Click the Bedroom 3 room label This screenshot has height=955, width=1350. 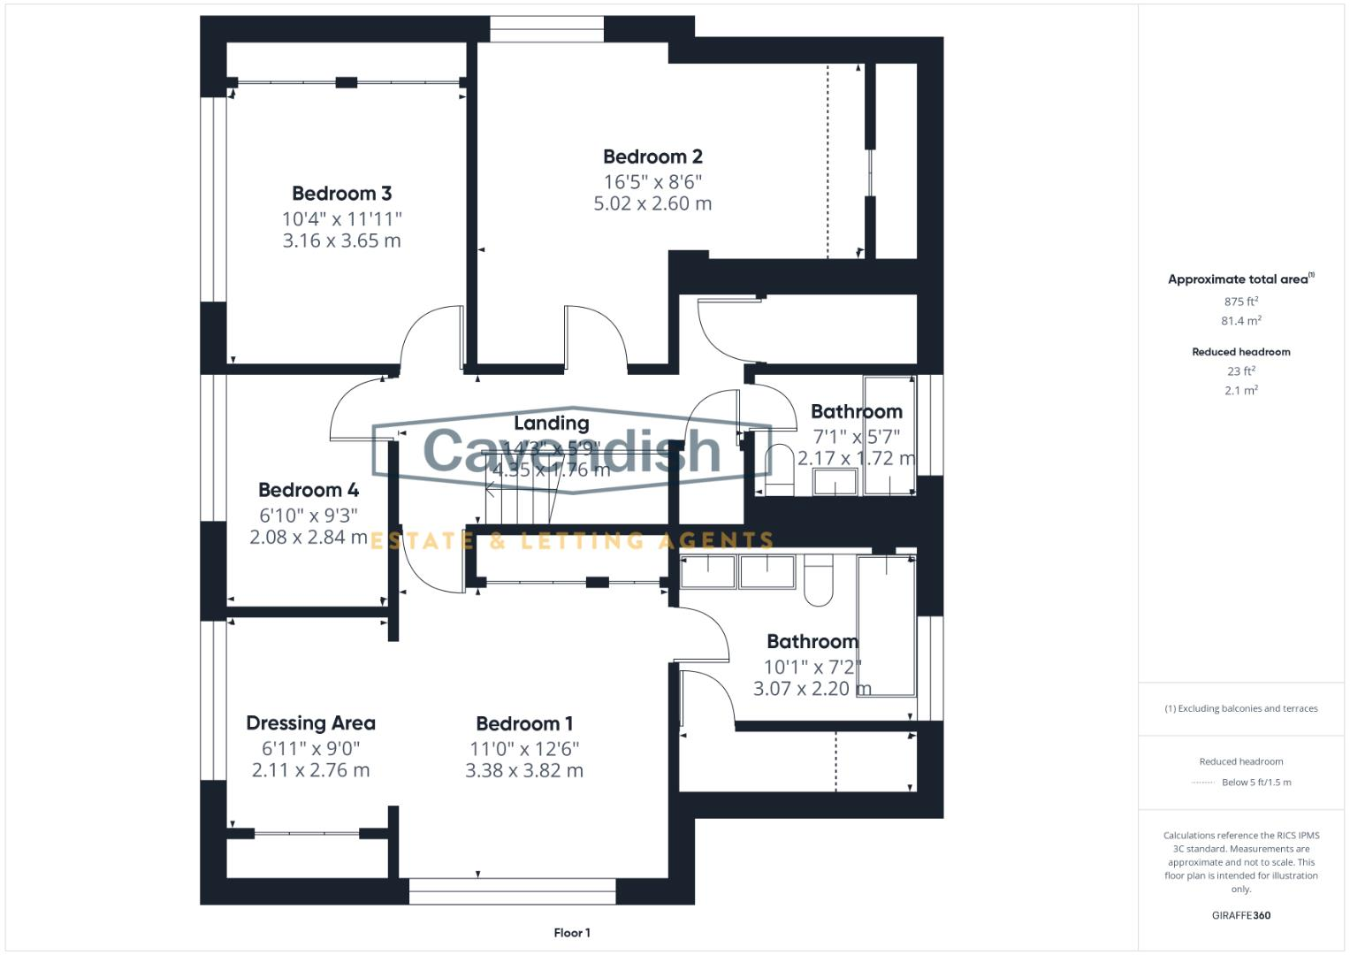[x=341, y=194]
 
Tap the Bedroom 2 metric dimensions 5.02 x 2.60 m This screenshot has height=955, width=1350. [x=652, y=203]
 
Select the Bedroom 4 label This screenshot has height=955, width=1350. [x=308, y=490]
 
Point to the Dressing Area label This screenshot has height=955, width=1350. [x=310, y=723]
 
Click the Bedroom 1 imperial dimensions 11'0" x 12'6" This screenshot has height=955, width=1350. [x=524, y=749]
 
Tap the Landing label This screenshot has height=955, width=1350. [x=551, y=424]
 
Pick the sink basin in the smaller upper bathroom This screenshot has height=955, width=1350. [x=835, y=483]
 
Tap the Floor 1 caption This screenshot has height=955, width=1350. [x=572, y=933]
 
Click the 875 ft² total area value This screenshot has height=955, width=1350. [x=1240, y=302]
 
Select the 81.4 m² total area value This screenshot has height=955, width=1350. [x=1240, y=321]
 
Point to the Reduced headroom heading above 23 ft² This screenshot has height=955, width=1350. [x=1240, y=352]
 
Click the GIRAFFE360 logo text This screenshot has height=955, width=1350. [x=1240, y=915]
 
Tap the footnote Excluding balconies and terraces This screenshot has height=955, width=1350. [x=1240, y=708]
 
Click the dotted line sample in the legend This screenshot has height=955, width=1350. [x=1203, y=783]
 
